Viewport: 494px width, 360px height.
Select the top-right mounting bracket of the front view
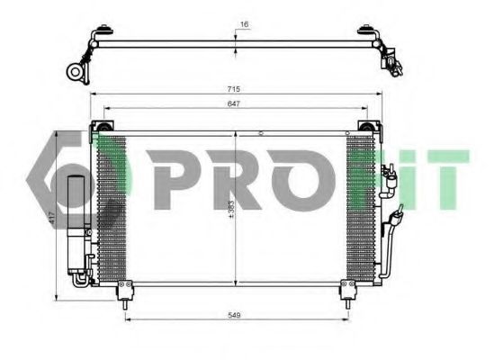tap(367, 124)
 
